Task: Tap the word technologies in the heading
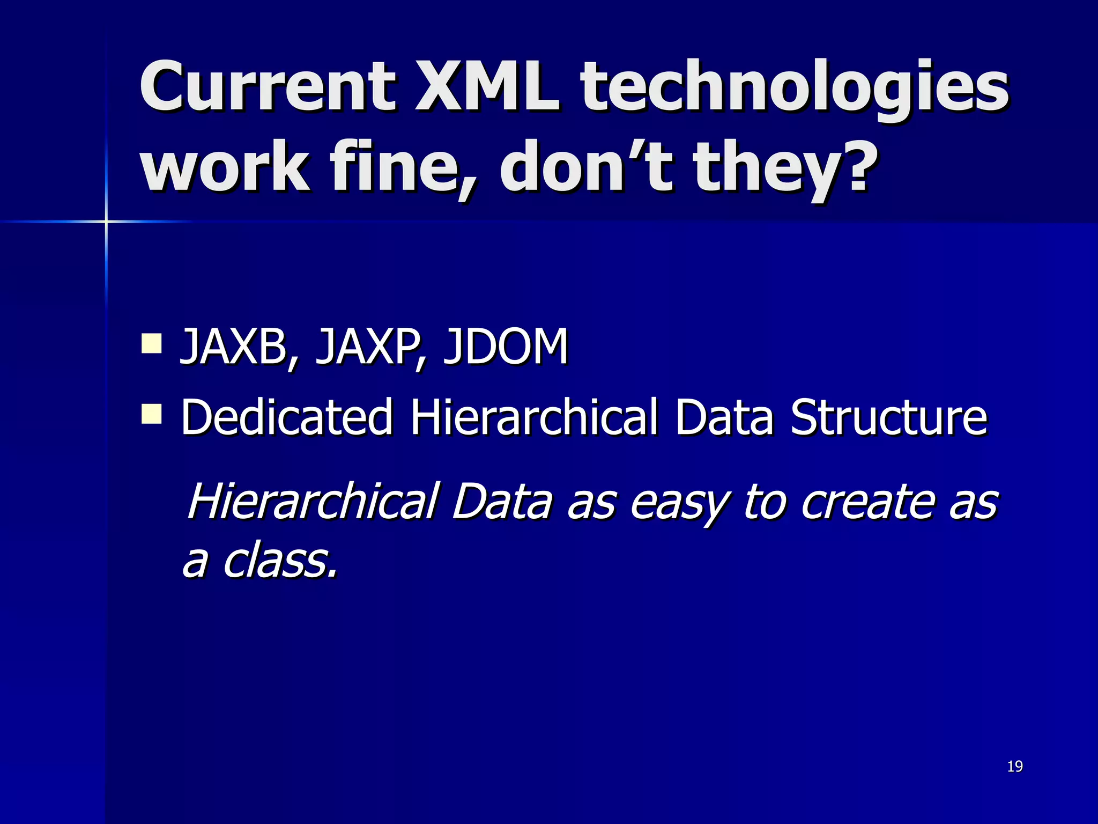click(x=793, y=89)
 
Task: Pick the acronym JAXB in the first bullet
click(x=236, y=347)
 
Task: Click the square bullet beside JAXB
click(x=152, y=343)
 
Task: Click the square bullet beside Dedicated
click(x=152, y=414)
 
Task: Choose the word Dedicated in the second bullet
click(x=287, y=417)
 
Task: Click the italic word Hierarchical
click(x=313, y=501)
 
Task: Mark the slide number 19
click(x=1015, y=766)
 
